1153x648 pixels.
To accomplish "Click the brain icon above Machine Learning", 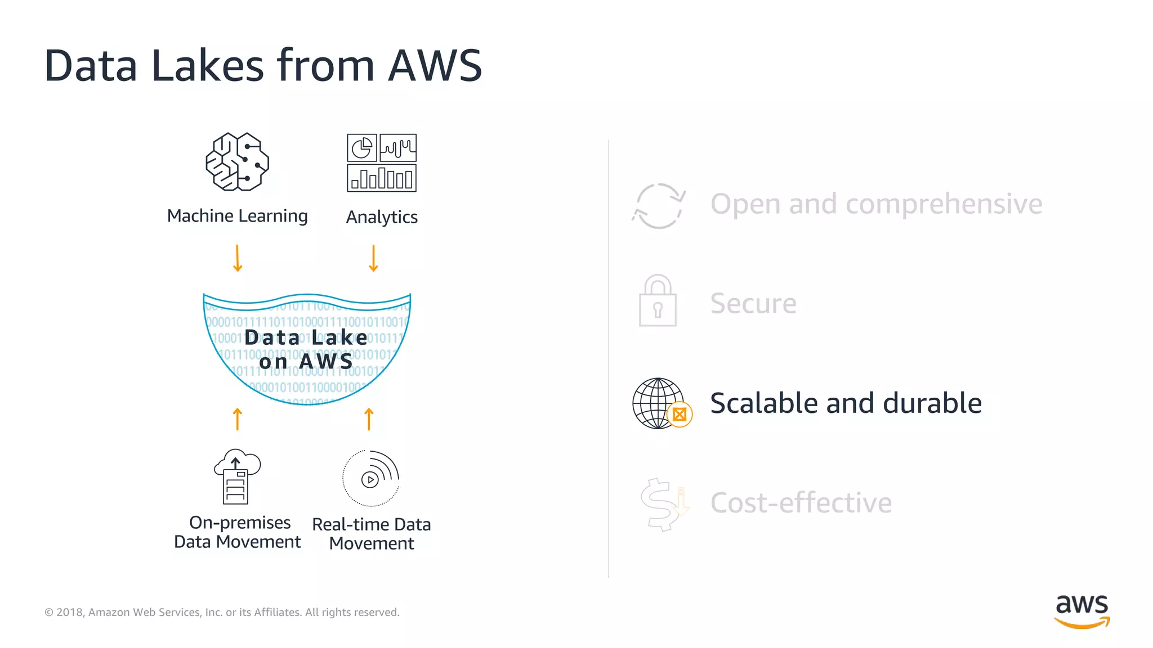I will click(x=237, y=162).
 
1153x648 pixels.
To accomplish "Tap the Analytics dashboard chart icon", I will click(x=382, y=163).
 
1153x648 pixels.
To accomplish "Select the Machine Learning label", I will click(x=237, y=216).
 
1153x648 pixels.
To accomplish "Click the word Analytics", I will click(x=382, y=217).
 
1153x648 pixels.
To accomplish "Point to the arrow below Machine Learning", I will click(x=238, y=258).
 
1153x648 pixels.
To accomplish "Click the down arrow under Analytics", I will click(x=373, y=258).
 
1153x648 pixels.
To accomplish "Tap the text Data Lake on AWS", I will click(x=306, y=349).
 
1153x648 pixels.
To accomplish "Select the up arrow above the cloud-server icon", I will click(x=238, y=419).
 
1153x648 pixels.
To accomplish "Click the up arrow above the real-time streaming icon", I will click(x=369, y=419).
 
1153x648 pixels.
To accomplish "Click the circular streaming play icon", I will click(x=371, y=479).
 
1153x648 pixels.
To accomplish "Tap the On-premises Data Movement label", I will click(x=237, y=532).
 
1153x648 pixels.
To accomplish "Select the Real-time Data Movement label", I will click(x=372, y=534).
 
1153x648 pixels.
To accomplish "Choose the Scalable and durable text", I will click(x=846, y=403).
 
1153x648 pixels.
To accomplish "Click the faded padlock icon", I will click(x=658, y=301).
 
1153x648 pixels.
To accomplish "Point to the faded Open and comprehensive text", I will click(x=876, y=204).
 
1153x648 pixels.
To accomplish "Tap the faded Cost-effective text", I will click(x=801, y=503).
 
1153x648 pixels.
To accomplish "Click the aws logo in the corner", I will click(x=1082, y=611).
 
